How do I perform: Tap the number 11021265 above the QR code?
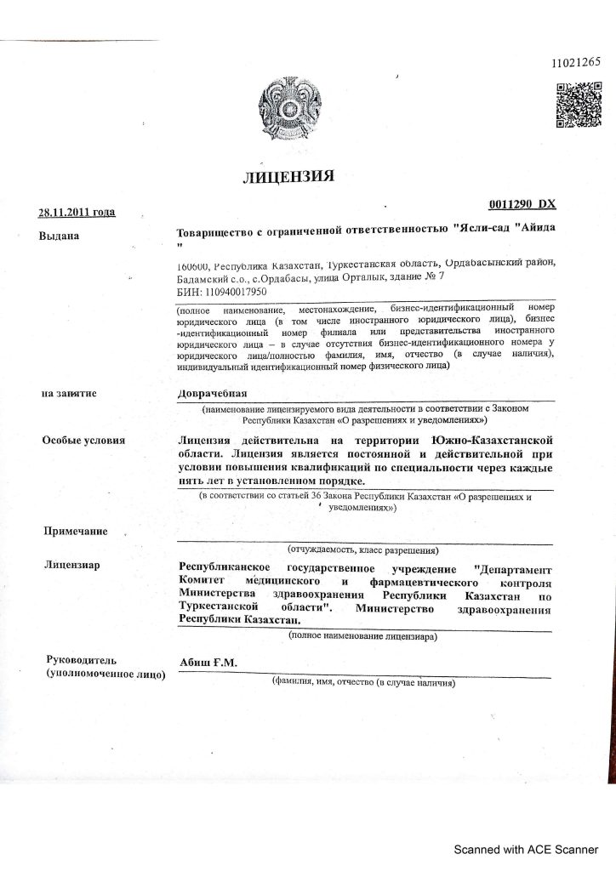(576, 62)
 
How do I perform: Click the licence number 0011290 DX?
(522, 205)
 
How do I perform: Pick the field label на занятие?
(70, 394)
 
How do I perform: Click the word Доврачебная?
(211, 394)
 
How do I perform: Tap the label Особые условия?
(83, 440)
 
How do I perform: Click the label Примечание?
(76, 532)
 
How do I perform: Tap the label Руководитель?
(84, 659)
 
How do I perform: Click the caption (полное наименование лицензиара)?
(363, 635)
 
